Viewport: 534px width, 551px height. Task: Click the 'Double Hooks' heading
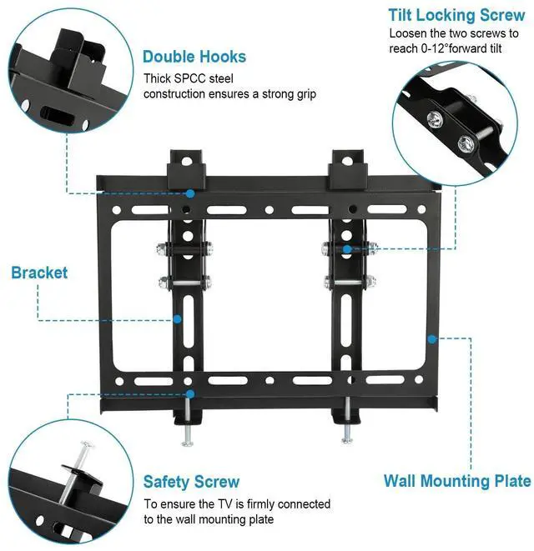point(194,57)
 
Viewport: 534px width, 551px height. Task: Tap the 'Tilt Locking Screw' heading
point(456,16)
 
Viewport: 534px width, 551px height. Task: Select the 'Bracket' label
point(39,273)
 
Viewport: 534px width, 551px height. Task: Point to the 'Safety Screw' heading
point(191,482)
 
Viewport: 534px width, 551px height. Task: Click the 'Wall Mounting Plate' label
point(456,481)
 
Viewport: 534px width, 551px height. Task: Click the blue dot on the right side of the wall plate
point(431,338)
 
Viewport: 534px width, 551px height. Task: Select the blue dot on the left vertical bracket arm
point(177,318)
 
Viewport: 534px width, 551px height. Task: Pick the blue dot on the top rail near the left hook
point(191,193)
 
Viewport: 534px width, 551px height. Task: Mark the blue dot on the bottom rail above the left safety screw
point(191,393)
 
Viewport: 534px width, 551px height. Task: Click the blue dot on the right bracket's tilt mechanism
point(346,248)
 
